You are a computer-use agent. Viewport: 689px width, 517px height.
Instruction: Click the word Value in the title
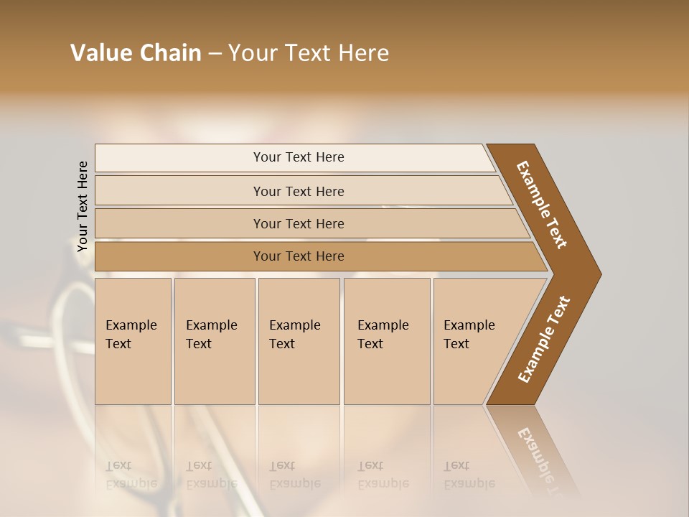coord(100,53)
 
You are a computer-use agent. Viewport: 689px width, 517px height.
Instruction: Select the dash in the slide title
coord(215,54)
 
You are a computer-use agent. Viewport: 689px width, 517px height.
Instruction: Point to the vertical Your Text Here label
coord(83,206)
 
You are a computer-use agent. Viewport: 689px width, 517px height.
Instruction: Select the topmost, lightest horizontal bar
coord(179,158)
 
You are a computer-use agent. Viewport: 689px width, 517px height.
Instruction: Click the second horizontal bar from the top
coord(179,191)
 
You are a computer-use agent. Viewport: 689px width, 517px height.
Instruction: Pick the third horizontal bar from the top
coord(179,223)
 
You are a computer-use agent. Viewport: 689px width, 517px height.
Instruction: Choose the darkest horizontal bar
coord(179,256)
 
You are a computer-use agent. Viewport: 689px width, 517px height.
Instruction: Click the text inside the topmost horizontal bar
coord(299,157)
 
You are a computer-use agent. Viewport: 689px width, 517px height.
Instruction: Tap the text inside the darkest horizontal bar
coord(299,256)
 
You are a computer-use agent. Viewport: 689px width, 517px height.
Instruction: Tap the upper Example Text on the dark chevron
coord(542,205)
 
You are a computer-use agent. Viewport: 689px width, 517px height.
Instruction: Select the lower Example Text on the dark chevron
coord(544,339)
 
